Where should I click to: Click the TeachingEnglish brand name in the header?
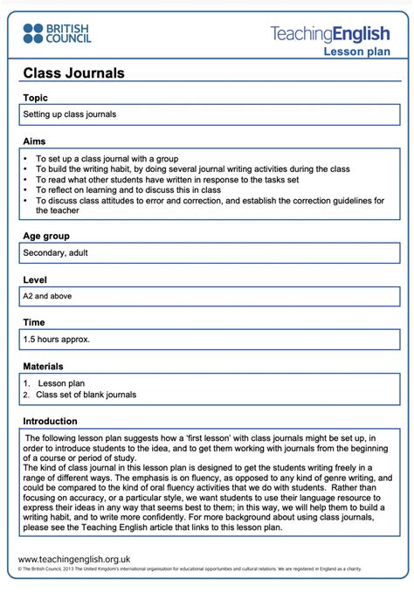point(330,34)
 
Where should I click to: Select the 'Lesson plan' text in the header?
point(357,52)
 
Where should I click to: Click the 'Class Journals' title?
point(73,73)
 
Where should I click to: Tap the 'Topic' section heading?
point(36,98)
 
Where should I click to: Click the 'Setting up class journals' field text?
point(69,114)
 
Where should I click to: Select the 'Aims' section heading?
point(35,141)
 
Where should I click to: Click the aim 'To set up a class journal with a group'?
point(107,159)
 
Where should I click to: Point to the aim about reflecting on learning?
point(128,189)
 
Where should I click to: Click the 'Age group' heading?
point(46,236)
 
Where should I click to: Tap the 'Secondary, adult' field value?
point(55,253)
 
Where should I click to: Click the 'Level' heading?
point(36,279)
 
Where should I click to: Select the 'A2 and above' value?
point(48,296)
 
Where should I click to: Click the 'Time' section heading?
point(34,322)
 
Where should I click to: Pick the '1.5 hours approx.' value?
point(57,339)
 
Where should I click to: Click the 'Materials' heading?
point(44,366)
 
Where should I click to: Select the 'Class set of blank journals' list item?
point(86,395)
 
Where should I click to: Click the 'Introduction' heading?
point(51,420)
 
